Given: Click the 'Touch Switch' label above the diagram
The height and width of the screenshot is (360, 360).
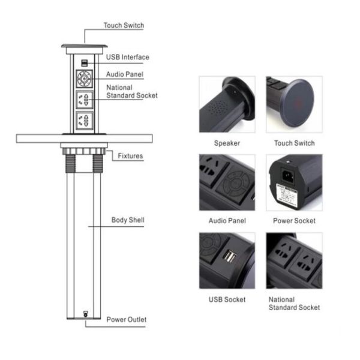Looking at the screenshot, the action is coord(124,25).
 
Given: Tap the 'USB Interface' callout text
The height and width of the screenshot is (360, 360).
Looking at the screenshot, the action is coord(128,57).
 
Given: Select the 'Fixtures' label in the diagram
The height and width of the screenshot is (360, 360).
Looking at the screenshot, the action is coord(130,156).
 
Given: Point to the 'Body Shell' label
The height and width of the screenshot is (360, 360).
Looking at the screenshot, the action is coord(128,220).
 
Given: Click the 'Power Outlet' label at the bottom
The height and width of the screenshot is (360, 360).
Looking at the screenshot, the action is coord(127,319).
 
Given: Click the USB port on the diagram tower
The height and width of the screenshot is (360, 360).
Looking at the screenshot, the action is coord(85,63).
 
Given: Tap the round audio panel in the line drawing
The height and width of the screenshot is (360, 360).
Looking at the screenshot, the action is coord(85,79).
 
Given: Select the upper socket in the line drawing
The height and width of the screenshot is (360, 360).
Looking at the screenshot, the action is coord(85,100).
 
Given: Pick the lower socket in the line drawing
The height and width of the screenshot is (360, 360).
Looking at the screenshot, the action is coord(85,121).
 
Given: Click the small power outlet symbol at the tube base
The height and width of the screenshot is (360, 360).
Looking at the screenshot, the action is coord(85,314).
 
